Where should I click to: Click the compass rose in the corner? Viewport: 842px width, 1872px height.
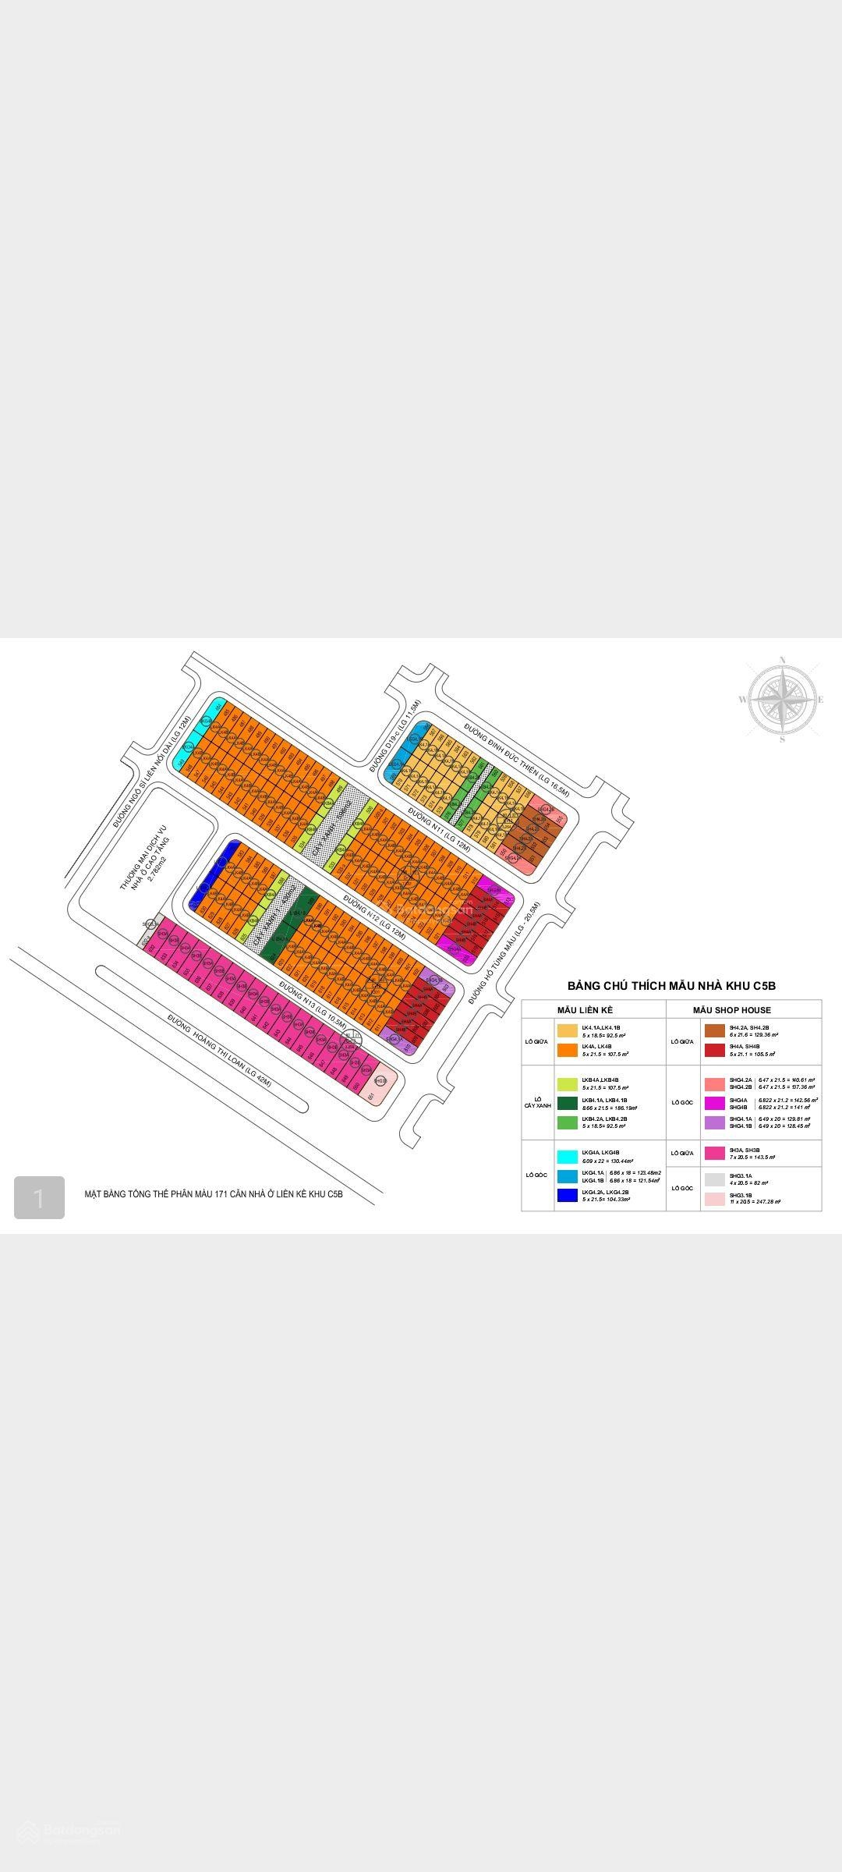click(x=782, y=699)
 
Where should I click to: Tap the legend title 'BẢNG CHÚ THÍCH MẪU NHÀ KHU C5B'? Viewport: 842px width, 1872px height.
click(x=671, y=986)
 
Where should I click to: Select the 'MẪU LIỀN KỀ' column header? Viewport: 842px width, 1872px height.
click(x=585, y=1010)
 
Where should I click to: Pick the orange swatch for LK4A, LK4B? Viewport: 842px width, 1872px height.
click(x=567, y=1051)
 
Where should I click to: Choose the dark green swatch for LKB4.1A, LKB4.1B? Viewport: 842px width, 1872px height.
click(x=567, y=1103)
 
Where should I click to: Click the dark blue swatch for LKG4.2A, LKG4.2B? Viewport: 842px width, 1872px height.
click(x=567, y=1195)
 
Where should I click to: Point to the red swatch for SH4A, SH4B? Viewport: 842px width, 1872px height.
click(x=714, y=1051)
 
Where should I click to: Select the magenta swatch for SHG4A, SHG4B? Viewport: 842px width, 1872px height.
click(x=714, y=1103)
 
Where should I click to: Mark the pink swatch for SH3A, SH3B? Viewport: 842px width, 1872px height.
click(x=714, y=1154)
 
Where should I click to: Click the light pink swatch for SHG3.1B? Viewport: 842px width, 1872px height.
click(x=714, y=1199)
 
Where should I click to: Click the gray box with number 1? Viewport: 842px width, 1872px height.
click(x=39, y=1198)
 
